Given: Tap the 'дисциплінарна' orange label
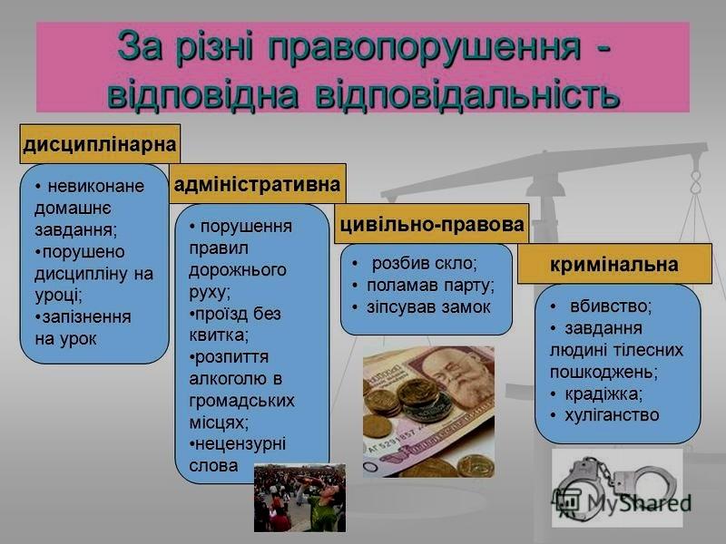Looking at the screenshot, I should click(100, 144).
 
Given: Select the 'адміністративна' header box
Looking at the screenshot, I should click(257, 184).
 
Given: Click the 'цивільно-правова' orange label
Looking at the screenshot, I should click(431, 224).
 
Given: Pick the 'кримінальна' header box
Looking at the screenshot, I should click(614, 264).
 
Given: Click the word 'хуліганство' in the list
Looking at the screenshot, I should click(612, 415).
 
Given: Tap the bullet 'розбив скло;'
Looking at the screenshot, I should click(424, 263).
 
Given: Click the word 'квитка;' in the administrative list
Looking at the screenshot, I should click(218, 335).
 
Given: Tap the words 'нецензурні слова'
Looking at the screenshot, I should click(236, 454).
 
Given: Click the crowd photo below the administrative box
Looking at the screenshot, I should click(299, 498).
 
